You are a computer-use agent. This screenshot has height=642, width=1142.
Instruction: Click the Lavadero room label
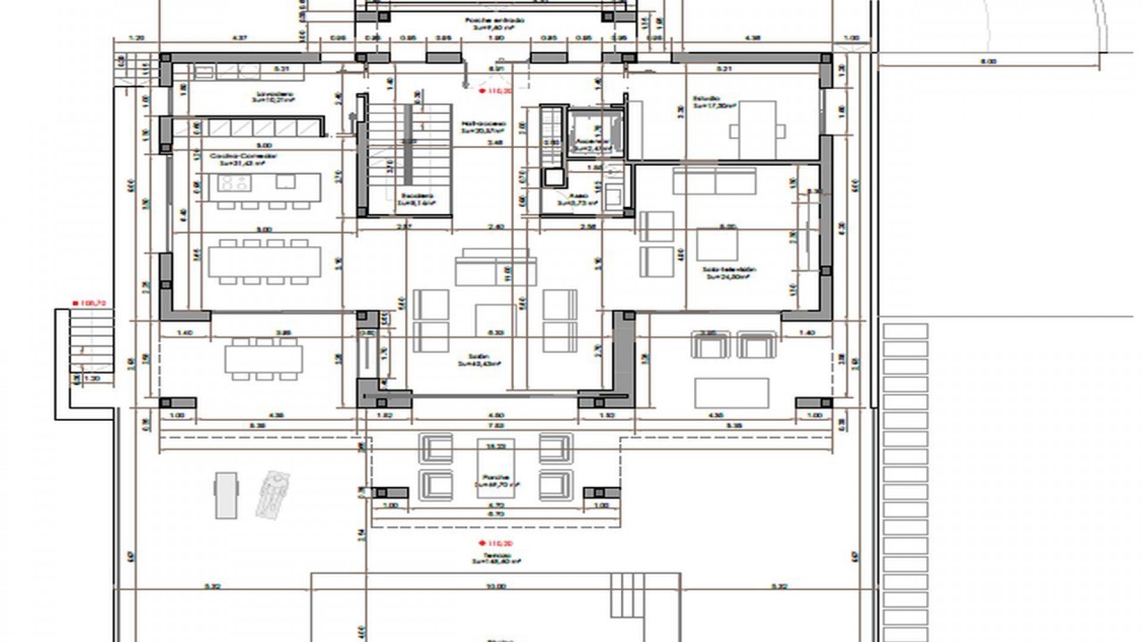tap(275, 95)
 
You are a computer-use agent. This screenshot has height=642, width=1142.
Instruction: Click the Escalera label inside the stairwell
tap(417, 196)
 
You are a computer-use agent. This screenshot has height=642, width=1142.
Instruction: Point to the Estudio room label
tap(707, 99)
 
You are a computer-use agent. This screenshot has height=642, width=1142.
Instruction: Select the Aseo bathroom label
tap(578, 196)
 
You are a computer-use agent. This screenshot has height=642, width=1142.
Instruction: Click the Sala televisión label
tap(729, 269)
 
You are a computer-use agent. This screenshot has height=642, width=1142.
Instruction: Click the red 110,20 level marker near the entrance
tap(495, 91)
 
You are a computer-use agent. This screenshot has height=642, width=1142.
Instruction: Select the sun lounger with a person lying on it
tap(272, 493)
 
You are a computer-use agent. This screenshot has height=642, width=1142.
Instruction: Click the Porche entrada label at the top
tap(495, 20)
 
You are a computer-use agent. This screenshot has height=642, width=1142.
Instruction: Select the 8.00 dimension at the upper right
tap(988, 61)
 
